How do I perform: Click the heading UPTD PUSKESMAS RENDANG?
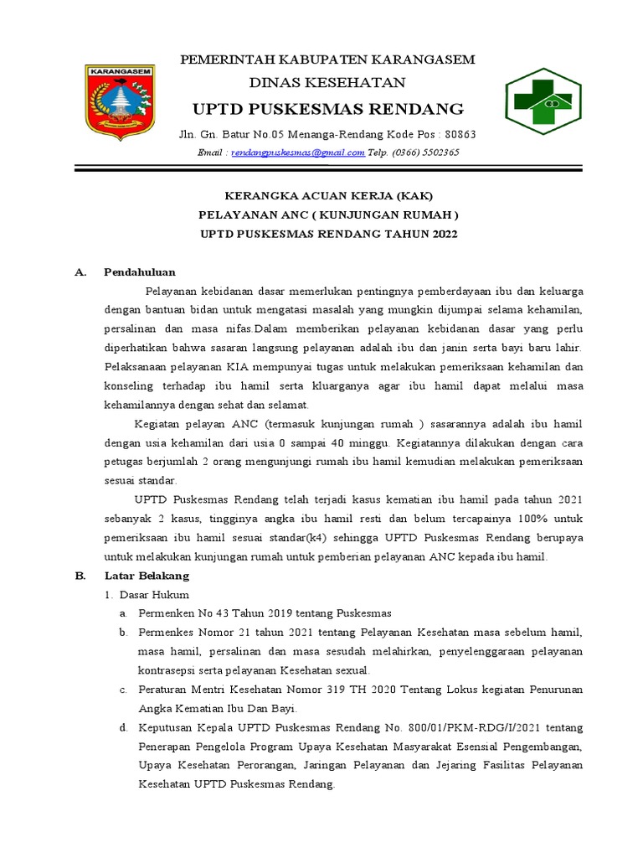pyautogui.click(x=328, y=109)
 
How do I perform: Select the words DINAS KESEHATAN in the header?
pyautogui.click(x=328, y=82)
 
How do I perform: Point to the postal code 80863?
pyautogui.click(x=460, y=135)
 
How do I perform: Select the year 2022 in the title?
pyautogui.click(x=444, y=235)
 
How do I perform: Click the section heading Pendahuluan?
pyautogui.click(x=140, y=272)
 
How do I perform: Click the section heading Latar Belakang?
pyautogui.click(x=147, y=576)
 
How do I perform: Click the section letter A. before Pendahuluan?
pyautogui.click(x=80, y=272)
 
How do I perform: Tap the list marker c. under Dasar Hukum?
pyautogui.click(x=122, y=689)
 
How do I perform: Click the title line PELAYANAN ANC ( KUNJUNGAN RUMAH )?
pyautogui.click(x=328, y=215)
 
